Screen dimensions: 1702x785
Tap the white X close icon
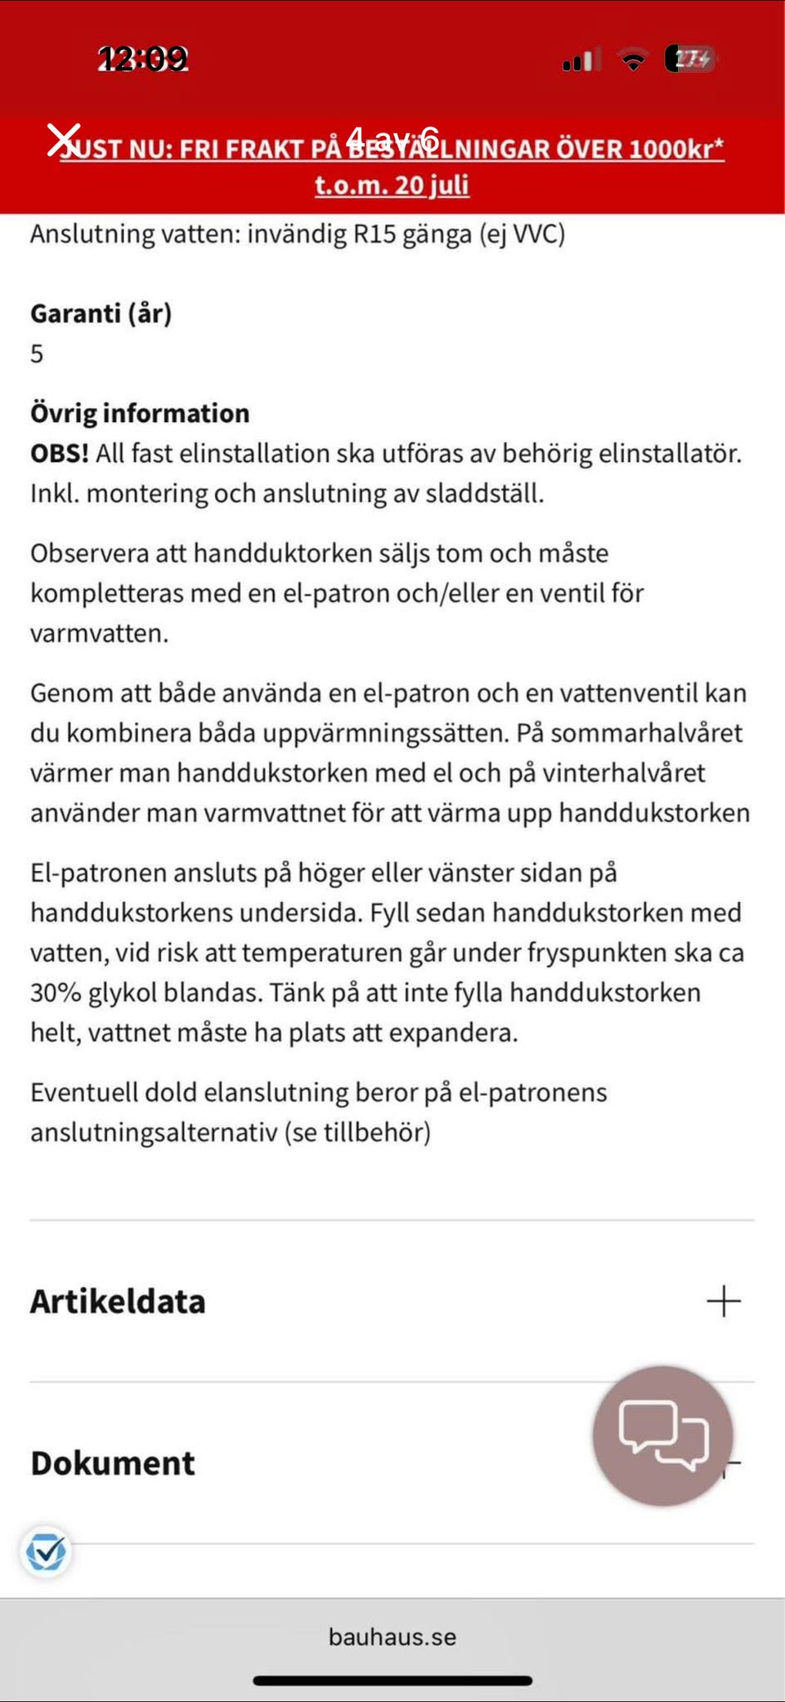click(64, 140)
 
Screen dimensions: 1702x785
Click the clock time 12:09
click(143, 59)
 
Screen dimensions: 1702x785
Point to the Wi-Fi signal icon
click(633, 60)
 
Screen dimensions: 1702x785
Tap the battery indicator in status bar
click(690, 59)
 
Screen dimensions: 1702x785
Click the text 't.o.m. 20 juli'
click(392, 185)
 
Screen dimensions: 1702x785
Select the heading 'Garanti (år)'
click(101, 313)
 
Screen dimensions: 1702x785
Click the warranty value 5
click(37, 354)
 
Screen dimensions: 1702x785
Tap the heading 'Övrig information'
click(140, 413)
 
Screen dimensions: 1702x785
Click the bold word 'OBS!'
click(59, 453)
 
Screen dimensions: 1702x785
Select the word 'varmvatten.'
click(99, 633)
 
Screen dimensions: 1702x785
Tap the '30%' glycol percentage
click(56, 993)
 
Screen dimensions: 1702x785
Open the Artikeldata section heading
click(118, 1301)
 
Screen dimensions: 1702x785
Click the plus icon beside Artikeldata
click(724, 1300)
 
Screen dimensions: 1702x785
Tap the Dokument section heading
click(113, 1463)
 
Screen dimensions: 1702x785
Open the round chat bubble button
click(662, 1435)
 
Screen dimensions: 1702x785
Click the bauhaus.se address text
click(392, 1637)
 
